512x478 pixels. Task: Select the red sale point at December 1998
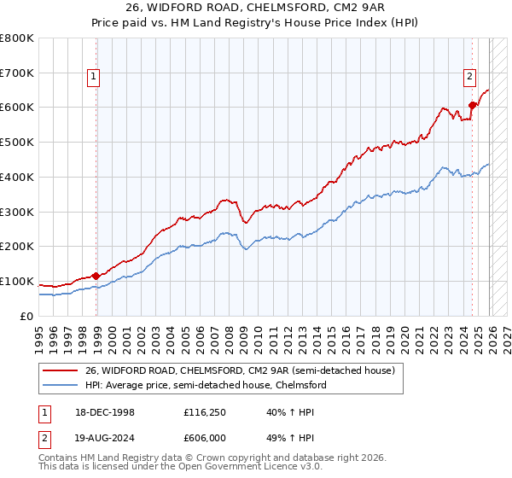(x=96, y=276)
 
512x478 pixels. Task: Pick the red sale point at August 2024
(x=472, y=106)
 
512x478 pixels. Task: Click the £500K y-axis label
(x=17, y=143)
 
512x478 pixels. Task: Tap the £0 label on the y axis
(x=26, y=317)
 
